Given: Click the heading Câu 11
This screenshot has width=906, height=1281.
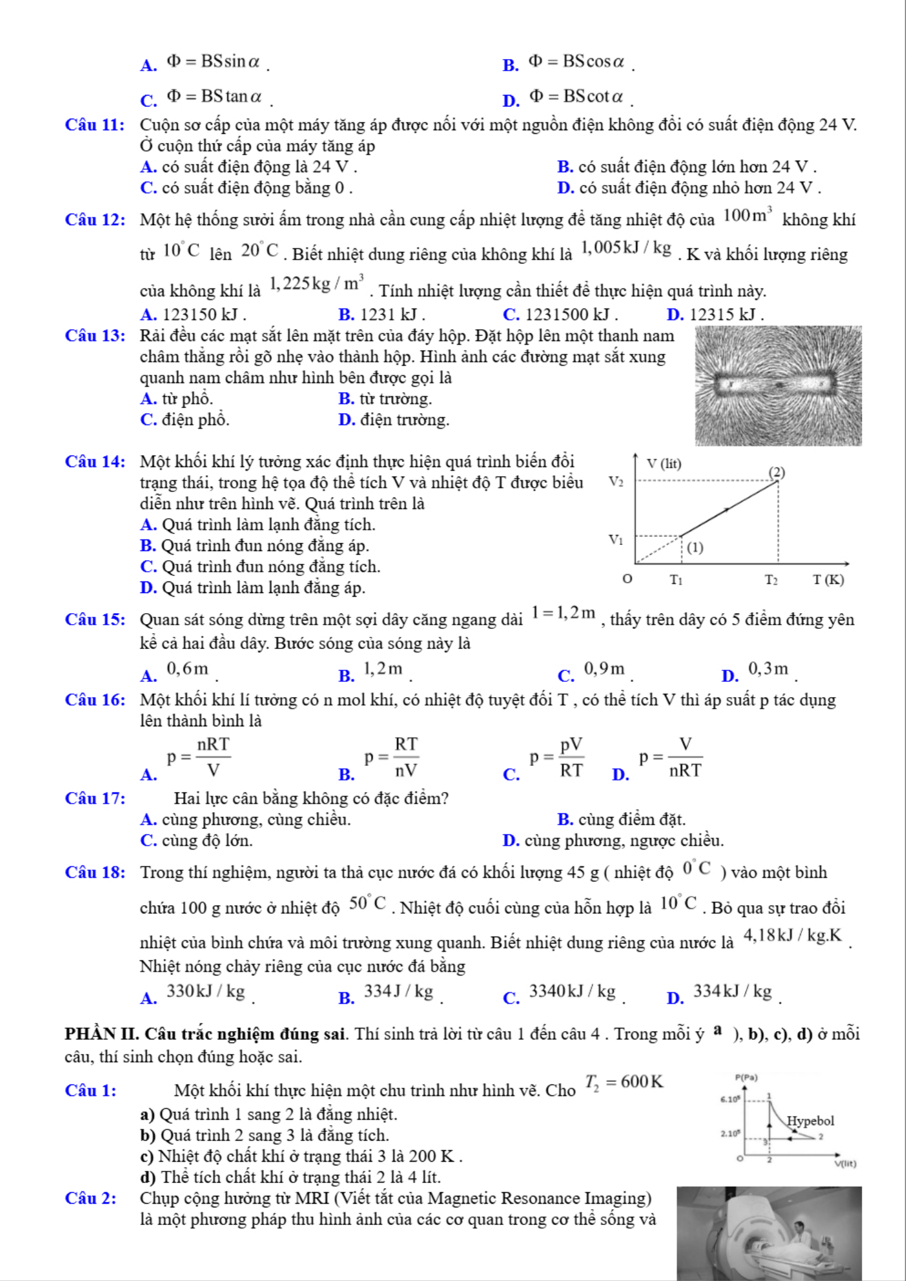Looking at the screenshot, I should [95, 125].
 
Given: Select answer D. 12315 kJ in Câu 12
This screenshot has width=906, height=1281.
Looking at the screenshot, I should [715, 314].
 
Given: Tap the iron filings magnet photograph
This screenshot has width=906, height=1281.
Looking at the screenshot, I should [778, 386].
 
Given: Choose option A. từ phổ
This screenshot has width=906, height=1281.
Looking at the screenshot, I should [176, 399].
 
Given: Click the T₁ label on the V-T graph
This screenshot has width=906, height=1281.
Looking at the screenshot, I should [676, 580].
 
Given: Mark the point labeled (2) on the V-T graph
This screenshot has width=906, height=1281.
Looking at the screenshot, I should [776, 473].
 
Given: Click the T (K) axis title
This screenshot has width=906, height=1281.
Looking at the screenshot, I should [829, 580].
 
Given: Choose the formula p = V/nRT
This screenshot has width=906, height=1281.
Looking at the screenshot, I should [671, 758].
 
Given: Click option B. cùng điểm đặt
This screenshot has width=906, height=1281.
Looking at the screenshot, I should [621, 820].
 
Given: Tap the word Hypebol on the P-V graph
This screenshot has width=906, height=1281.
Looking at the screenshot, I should [810, 1120].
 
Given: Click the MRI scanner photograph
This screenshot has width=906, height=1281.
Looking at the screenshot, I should [769, 1232].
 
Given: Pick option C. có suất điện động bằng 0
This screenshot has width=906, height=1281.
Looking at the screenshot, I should [247, 188].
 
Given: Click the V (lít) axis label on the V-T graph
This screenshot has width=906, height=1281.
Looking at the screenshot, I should [663, 464].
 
